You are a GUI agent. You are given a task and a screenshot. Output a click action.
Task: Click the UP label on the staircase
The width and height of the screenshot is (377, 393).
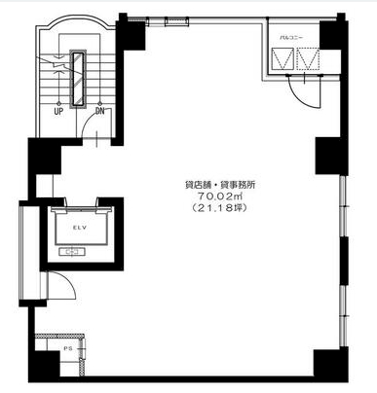pos(58,112)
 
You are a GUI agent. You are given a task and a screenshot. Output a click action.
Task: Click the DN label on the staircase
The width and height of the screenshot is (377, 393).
pos(100,111)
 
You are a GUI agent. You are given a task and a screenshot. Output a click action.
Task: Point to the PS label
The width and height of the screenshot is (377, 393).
pos(68,349)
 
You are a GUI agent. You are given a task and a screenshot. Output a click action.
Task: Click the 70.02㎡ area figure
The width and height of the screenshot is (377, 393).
pos(220,196)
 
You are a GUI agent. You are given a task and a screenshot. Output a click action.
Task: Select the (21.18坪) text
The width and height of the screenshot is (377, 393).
pos(219,208)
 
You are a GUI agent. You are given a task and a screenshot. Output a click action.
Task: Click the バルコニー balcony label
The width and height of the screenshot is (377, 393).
pos(291,38)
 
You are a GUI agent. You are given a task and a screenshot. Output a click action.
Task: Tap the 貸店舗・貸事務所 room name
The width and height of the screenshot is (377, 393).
pos(220,185)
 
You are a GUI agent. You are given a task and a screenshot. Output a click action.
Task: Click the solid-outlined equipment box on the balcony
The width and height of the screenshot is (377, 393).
pos(283,58)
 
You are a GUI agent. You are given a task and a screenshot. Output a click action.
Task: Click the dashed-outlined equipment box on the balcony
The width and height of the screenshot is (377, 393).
pos(308,58)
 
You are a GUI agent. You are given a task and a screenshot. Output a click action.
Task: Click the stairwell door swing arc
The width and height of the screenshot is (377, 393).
pos(87,124)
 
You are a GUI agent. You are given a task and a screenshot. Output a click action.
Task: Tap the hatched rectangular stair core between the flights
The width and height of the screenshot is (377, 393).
pos(78,79)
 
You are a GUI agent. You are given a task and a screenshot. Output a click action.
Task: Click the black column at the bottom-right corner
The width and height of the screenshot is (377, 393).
pos(330,364)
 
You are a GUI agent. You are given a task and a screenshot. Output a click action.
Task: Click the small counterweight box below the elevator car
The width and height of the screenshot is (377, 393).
pos(72,252)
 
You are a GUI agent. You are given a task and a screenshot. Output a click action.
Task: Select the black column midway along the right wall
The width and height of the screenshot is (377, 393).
pos(331,156)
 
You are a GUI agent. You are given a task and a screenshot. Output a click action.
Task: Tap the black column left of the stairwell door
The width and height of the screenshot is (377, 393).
pos(45,157)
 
